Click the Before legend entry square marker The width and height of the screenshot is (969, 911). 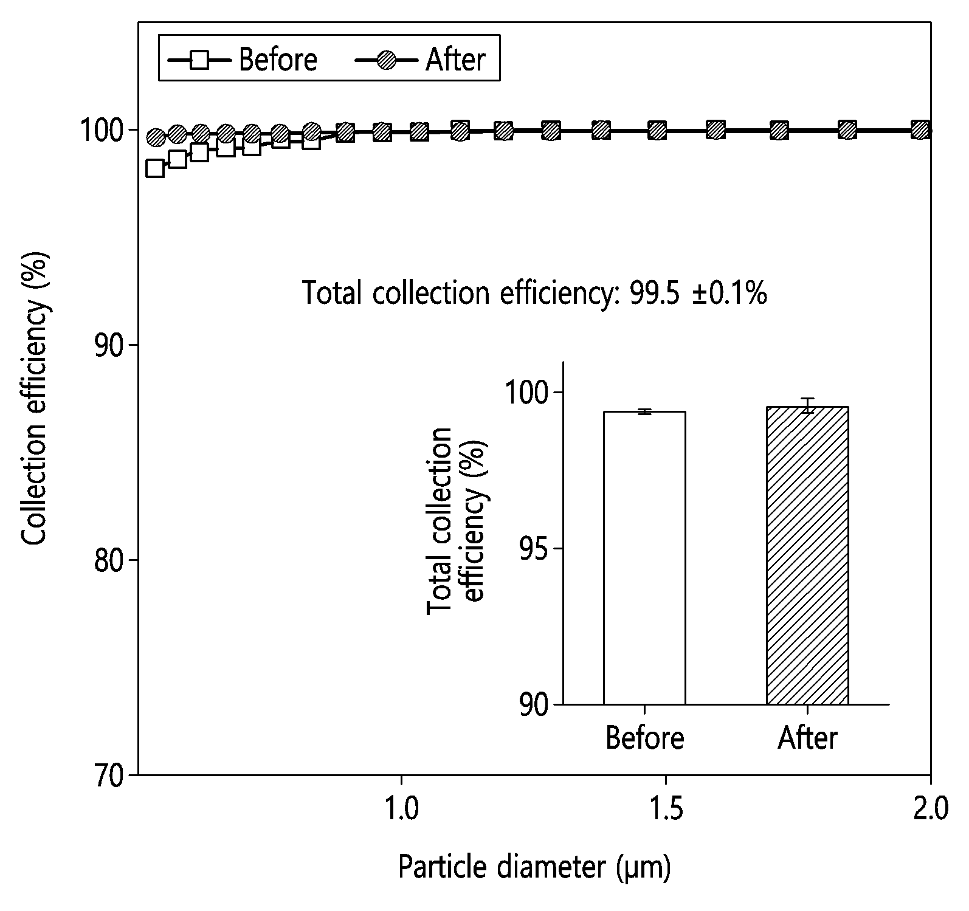(x=199, y=60)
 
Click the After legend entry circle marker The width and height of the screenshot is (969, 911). (x=386, y=60)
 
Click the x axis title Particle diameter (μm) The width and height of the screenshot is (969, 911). (x=535, y=868)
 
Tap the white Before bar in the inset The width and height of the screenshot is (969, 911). (x=644, y=558)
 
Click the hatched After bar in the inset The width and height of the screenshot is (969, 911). (x=807, y=555)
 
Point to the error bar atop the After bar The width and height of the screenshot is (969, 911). (x=807, y=405)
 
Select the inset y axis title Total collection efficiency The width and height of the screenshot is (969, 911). (x=456, y=521)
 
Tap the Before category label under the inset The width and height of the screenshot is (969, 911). (x=645, y=738)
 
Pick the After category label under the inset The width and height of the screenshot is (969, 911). (x=807, y=738)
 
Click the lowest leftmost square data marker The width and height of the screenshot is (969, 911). (x=155, y=168)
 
